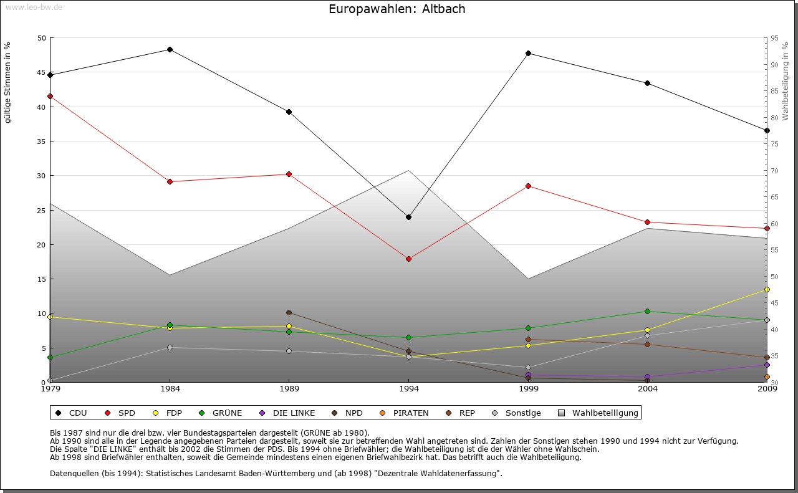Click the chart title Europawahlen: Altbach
pyautogui.click(x=397, y=9)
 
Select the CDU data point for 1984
pyautogui.click(x=170, y=50)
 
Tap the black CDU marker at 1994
pyautogui.click(x=408, y=218)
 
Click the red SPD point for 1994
pyautogui.click(x=408, y=259)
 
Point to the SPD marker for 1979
pyautogui.click(x=50, y=97)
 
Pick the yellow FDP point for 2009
pyautogui.click(x=767, y=290)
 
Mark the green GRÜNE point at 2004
pyautogui.click(x=648, y=312)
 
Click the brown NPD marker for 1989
pyautogui.click(x=289, y=313)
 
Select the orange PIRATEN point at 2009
pyautogui.click(x=767, y=377)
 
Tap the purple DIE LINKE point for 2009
pyautogui.click(x=767, y=365)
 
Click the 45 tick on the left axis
pyautogui.click(x=42, y=72)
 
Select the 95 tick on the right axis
pyautogui.click(x=774, y=38)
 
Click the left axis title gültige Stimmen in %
pyautogui.click(x=8, y=82)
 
